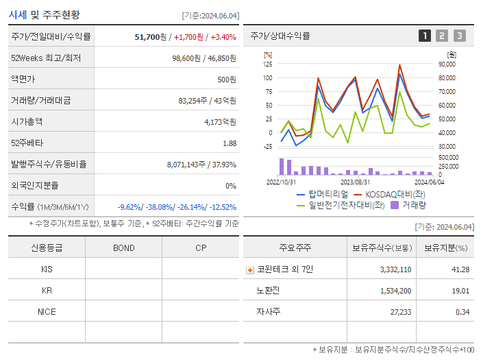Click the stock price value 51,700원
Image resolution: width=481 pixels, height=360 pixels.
[151, 36]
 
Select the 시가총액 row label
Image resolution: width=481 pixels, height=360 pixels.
[27, 121]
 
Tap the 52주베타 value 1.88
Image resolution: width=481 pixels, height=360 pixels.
[230, 143]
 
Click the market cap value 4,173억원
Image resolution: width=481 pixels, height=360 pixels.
[220, 121]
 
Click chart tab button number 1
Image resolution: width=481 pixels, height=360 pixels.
[425, 36]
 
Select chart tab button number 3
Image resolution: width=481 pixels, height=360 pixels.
[459, 36]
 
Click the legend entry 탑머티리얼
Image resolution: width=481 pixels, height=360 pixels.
[323, 194]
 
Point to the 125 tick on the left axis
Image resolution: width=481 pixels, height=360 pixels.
[267, 64]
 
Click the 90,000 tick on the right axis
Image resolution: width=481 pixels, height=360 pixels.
[446, 64]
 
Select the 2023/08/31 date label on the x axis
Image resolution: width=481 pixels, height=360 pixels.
[355, 182]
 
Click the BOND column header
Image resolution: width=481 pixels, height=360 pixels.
[123, 248]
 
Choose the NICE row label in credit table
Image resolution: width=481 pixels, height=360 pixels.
[47, 311]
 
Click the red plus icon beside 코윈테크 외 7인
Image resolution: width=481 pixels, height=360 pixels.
[250, 269]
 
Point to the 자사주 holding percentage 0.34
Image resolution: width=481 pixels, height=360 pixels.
[462, 312]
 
